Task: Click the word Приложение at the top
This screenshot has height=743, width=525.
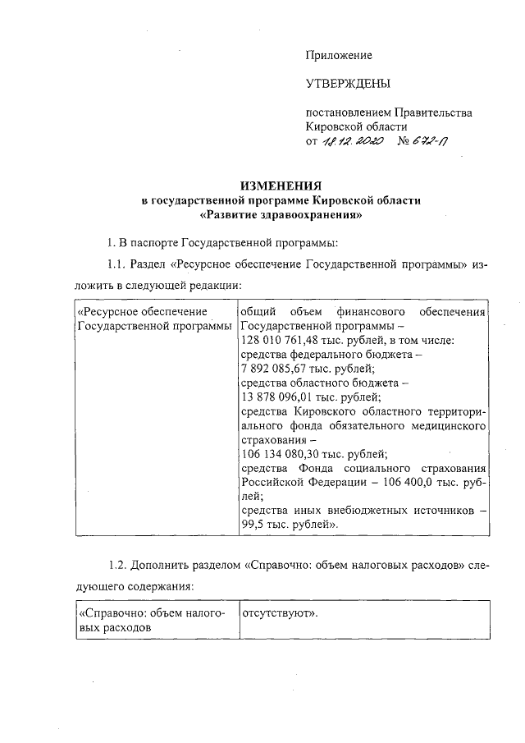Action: (x=339, y=55)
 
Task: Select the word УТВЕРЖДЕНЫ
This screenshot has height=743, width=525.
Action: (x=348, y=84)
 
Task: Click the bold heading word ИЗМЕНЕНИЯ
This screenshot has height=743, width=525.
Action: (x=281, y=186)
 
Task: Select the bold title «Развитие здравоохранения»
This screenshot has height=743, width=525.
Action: (x=281, y=216)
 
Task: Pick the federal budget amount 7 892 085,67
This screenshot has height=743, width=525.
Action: (x=280, y=369)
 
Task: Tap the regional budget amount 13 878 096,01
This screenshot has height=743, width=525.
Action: (x=283, y=397)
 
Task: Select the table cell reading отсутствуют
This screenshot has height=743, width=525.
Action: (x=279, y=613)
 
